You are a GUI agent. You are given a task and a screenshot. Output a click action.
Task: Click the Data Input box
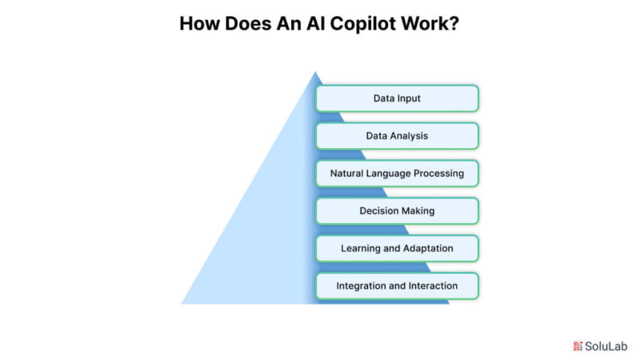coord(397,98)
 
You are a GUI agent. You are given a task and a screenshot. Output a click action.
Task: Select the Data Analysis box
coord(397,136)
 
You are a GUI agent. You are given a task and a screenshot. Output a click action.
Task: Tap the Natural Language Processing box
coord(397,174)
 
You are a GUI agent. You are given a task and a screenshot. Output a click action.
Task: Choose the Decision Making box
coord(397,211)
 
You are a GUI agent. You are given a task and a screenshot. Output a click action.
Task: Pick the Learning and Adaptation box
coord(397,249)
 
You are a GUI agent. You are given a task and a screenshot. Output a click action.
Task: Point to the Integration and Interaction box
coord(397,286)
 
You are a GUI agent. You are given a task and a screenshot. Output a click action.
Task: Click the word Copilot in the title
coord(363,24)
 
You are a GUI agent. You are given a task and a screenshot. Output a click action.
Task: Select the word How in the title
coord(199,23)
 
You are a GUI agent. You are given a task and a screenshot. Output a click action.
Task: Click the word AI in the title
coord(316,23)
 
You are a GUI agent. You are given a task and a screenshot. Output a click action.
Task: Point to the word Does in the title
coord(248,23)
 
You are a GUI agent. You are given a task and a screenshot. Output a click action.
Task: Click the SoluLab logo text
coord(606,346)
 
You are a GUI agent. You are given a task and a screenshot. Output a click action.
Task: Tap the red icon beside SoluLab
coord(578,346)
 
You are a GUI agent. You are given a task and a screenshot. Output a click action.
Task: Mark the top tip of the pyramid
coord(315,72)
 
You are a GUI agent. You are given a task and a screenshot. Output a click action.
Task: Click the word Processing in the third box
coord(438,174)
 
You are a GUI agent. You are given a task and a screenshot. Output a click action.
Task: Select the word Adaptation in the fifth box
coord(428,248)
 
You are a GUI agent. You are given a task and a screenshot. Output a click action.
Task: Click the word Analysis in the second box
coord(409,136)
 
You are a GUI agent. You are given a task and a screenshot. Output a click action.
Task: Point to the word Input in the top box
coord(408,98)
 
